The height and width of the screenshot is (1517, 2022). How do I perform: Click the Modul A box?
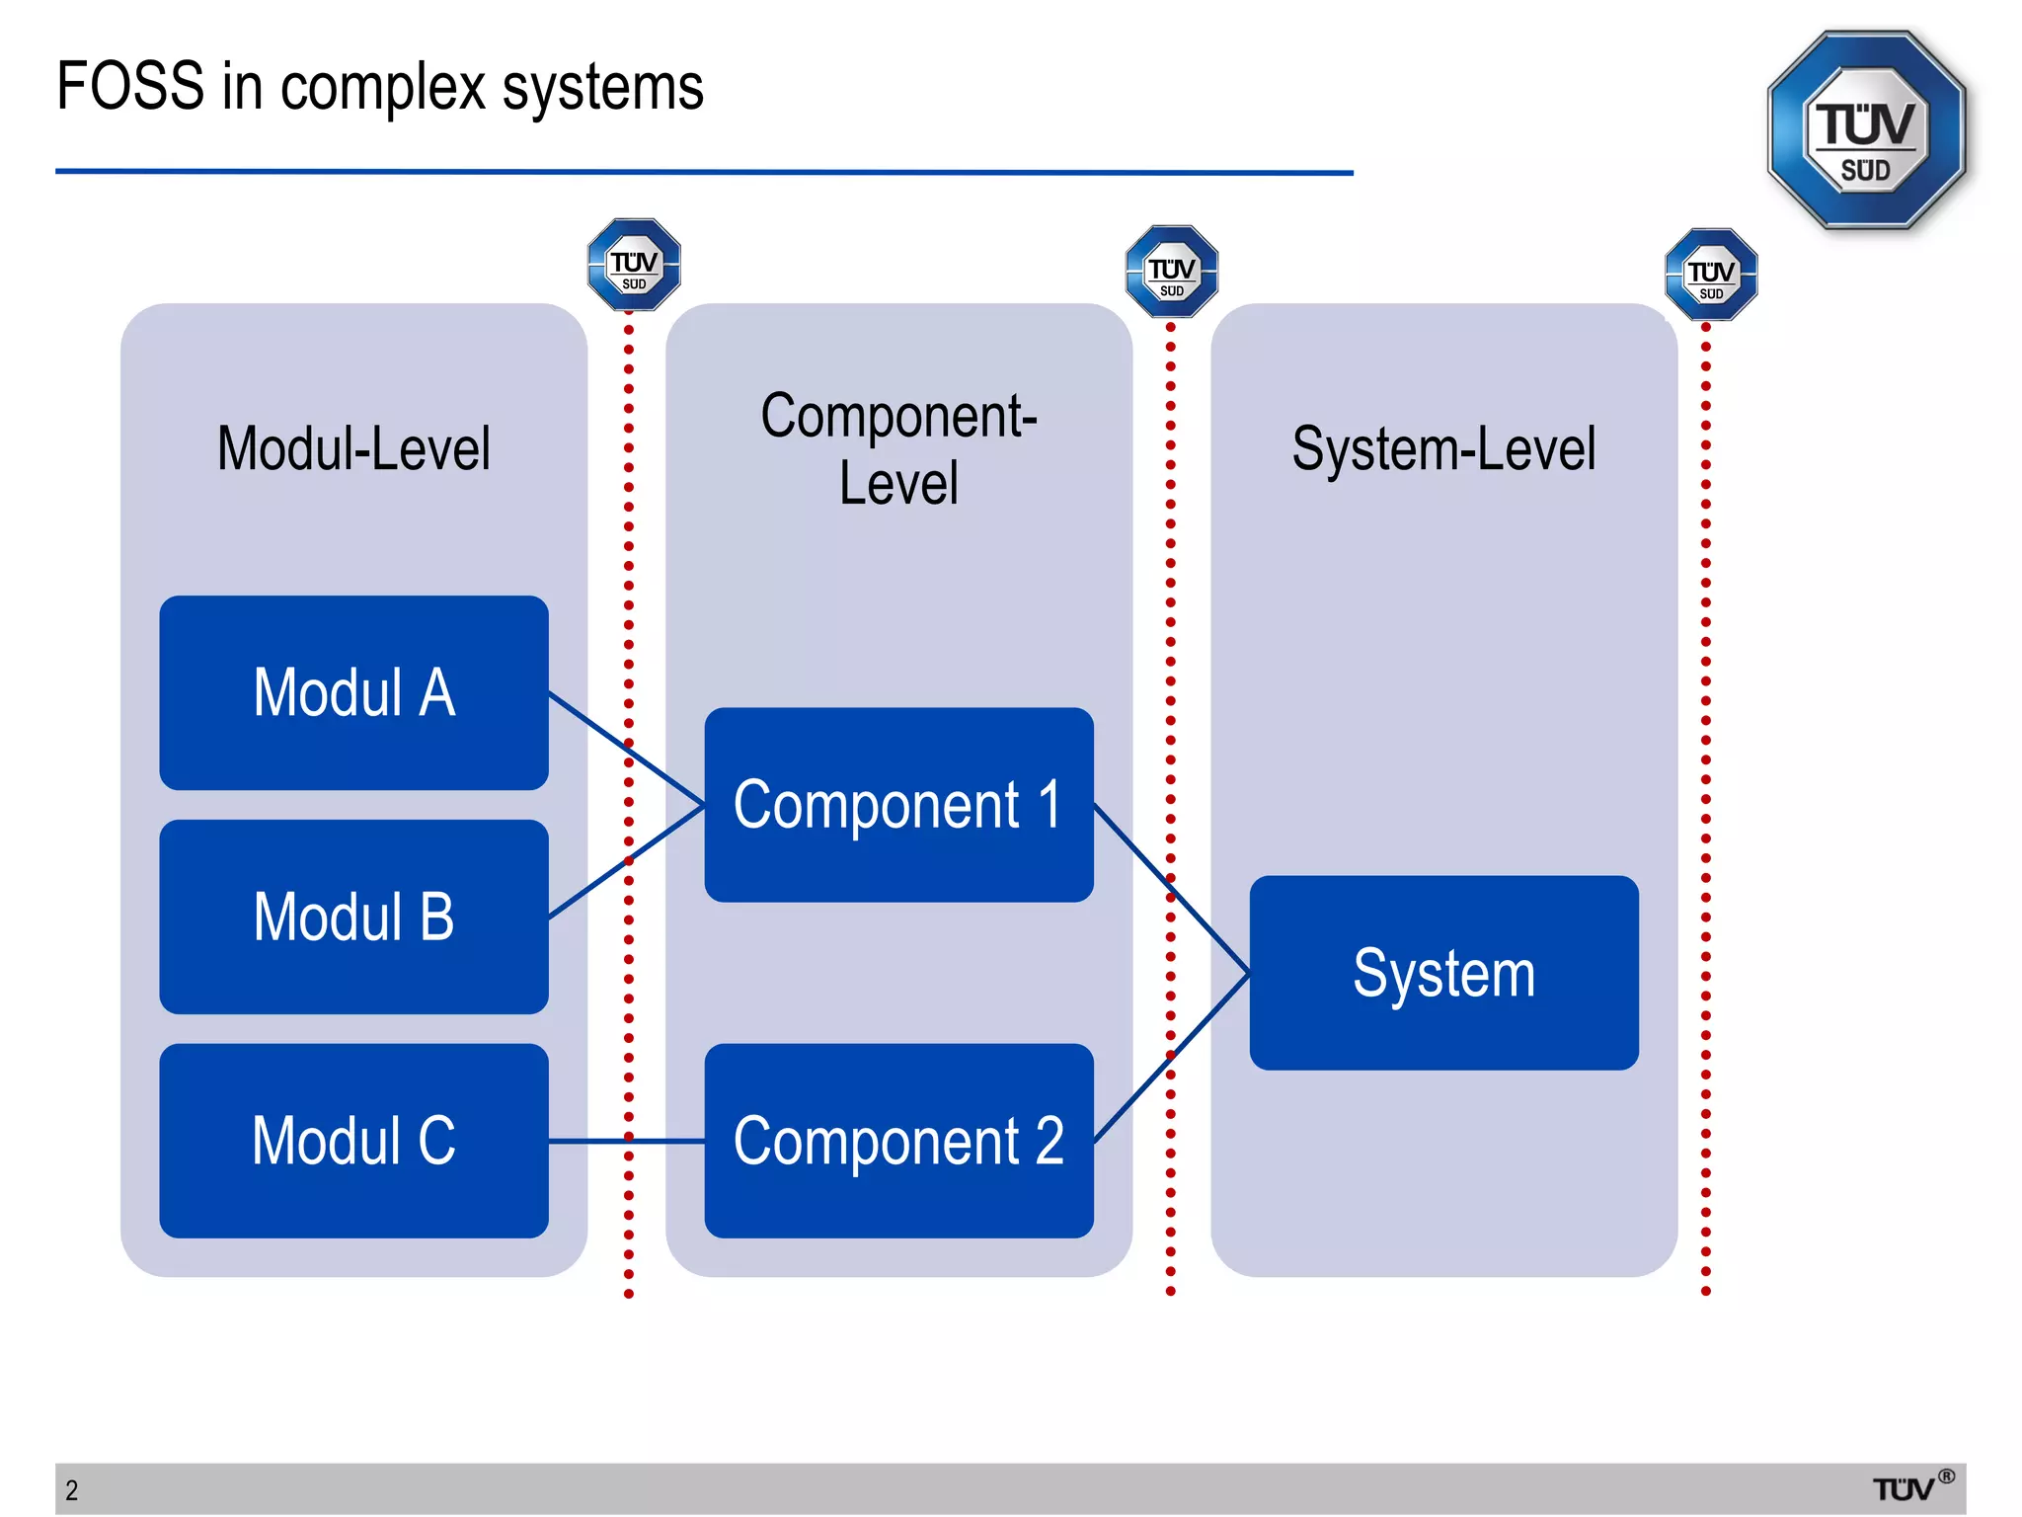[353, 692]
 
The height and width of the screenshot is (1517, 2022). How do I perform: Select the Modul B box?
[353, 917]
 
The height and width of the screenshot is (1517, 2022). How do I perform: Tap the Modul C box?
[353, 1141]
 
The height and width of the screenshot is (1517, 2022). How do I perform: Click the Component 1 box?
[898, 804]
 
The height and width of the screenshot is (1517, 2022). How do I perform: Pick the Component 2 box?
[898, 1141]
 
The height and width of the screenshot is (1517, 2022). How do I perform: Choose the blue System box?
[1443, 973]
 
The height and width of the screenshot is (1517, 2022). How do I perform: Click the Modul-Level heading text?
[353, 449]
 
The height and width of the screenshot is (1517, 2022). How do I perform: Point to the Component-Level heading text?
[898, 449]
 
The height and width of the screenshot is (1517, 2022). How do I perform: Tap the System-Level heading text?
[1443, 449]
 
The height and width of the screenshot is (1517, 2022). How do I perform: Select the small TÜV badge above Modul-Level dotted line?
[634, 265]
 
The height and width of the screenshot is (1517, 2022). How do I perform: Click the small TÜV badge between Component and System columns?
[1172, 272]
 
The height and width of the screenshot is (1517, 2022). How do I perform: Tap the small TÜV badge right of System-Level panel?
[1711, 275]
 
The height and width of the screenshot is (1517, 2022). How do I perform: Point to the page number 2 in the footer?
[72, 1490]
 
